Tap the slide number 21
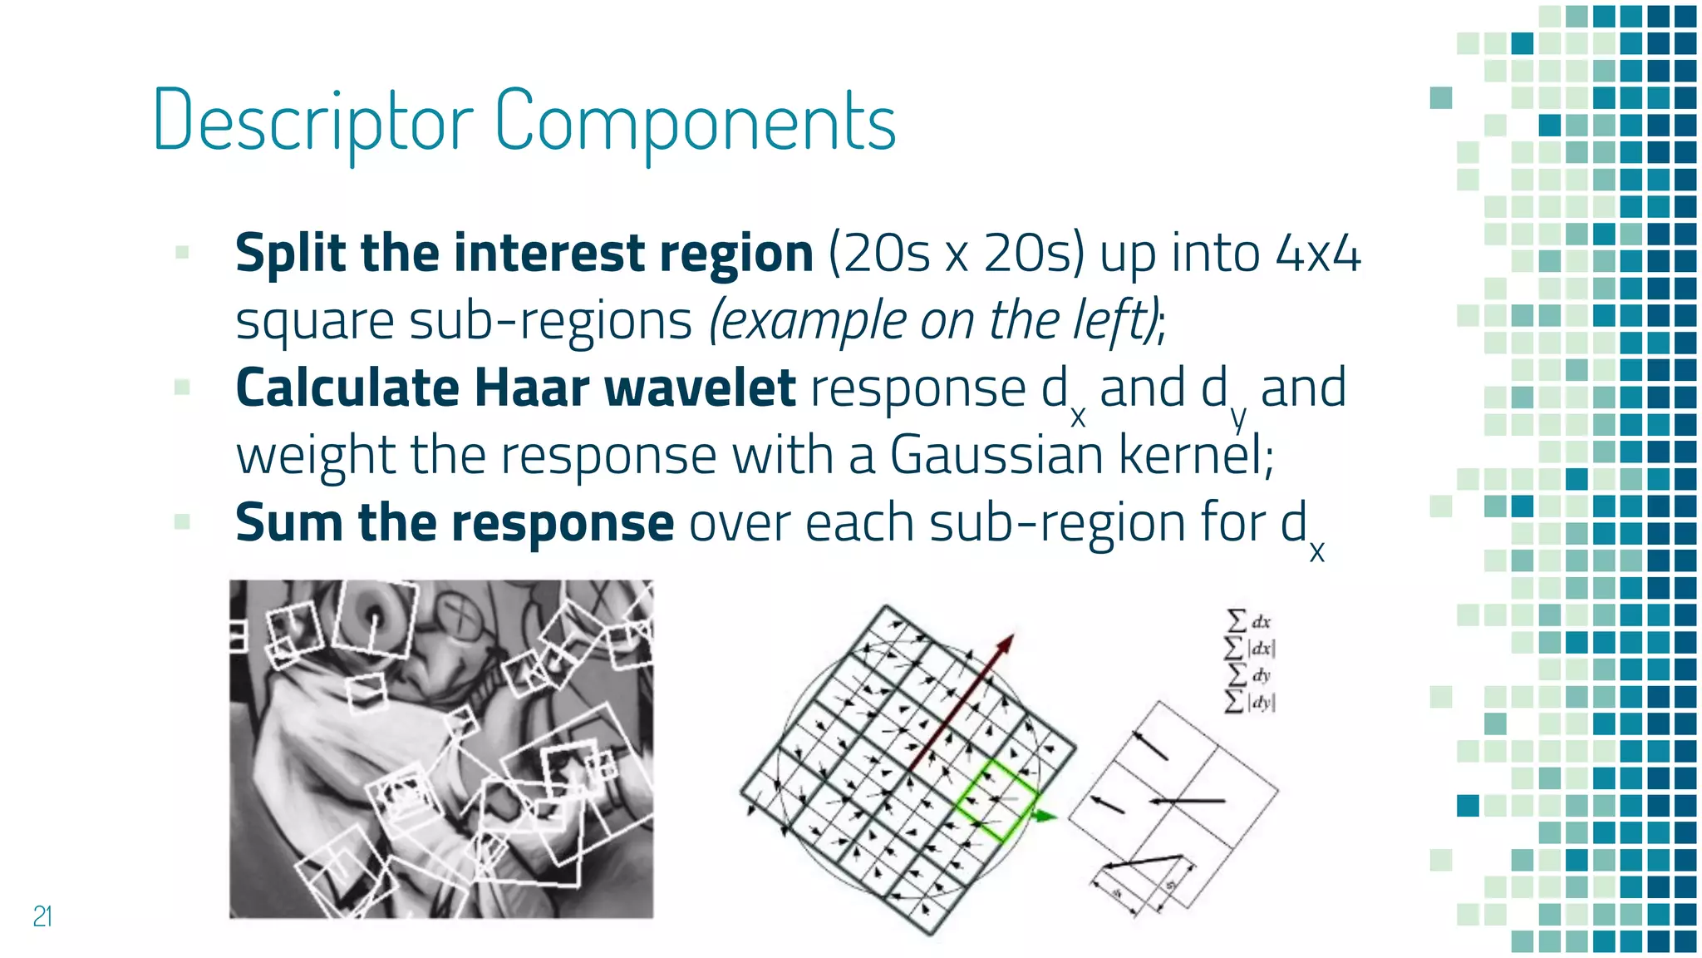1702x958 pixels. [x=42, y=916]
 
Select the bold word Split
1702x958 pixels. [x=288, y=253]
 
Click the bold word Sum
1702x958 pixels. [x=289, y=522]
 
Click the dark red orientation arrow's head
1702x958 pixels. [x=1006, y=642]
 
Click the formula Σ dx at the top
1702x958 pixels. [x=1249, y=621]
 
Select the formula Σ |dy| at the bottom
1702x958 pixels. [x=1250, y=701]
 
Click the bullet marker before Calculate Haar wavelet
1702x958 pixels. [x=182, y=387]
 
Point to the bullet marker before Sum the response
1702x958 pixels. [x=182, y=521]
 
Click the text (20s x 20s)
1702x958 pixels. [x=957, y=253]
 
